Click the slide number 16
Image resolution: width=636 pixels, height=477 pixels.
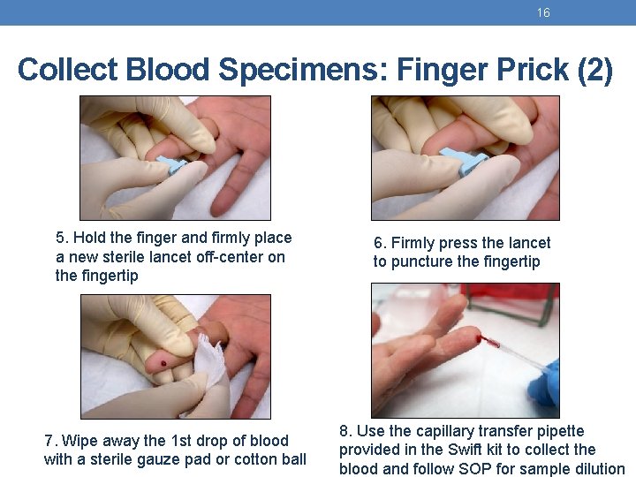click(x=543, y=12)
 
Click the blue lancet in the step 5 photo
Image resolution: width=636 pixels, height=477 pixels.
click(x=172, y=164)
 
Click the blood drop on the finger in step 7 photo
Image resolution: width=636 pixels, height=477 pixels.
click(x=163, y=363)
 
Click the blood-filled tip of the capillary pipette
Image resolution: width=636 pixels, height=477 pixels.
click(x=489, y=342)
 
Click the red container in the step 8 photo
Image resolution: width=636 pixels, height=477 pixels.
click(x=510, y=299)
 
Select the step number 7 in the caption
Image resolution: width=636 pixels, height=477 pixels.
click(x=49, y=441)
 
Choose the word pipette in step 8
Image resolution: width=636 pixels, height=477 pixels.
click(x=561, y=432)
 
